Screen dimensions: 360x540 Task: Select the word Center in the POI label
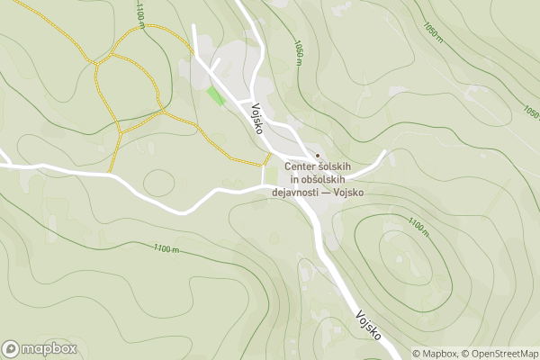[301, 166]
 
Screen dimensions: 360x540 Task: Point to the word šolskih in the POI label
[338, 166]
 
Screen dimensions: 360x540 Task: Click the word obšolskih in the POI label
[319, 179]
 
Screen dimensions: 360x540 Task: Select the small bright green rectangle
[216, 94]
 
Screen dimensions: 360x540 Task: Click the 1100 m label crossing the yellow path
[142, 14]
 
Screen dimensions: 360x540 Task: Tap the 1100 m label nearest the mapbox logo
[166, 248]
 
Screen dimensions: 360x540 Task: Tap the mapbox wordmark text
[49, 349]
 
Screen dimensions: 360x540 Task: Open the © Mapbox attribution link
[436, 354]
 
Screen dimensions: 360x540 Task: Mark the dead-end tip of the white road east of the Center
[385, 151]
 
